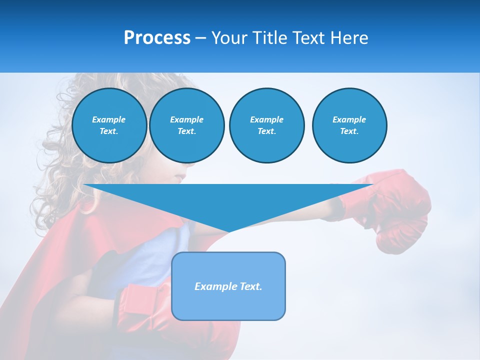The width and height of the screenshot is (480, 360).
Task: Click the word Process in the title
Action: (157, 38)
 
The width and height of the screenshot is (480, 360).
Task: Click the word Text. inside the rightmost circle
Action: (349, 131)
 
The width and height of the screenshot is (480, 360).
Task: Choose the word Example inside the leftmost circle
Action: (109, 119)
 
